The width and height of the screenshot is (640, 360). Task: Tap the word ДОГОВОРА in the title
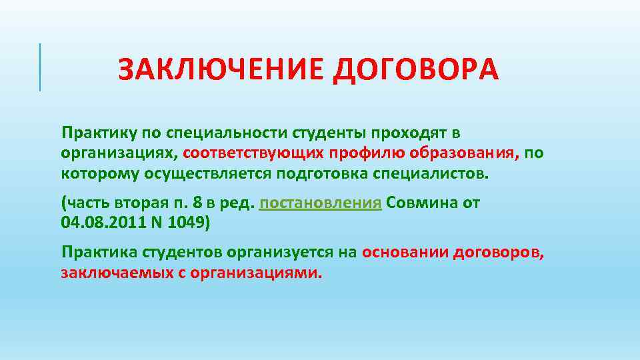point(415,69)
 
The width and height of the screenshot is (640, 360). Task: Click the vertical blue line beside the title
point(40,67)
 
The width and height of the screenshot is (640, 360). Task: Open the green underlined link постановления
point(321,203)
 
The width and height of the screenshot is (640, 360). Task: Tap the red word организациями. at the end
point(258,272)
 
